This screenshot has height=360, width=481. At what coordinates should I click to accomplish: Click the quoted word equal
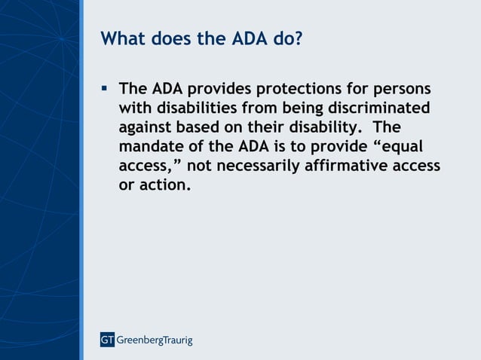(x=406, y=146)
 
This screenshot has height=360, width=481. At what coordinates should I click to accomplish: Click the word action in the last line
(x=164, y=184)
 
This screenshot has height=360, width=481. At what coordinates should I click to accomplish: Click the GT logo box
(x=107, y=340)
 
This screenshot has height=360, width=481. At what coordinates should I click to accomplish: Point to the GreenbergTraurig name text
(x=154, y=340)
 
